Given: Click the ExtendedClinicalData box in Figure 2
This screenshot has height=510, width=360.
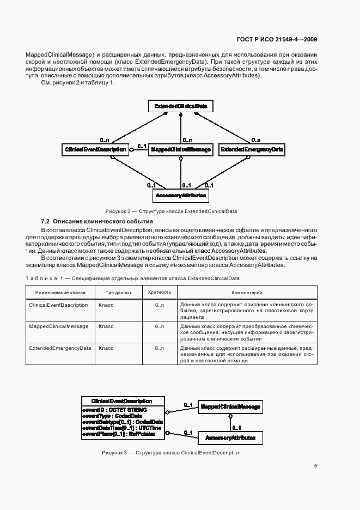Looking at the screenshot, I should pyautogui.click(x=180, y=105).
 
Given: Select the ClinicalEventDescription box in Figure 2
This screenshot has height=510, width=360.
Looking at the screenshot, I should pyautogui.click(x=96, y=149).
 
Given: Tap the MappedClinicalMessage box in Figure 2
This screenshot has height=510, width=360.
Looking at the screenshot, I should pyautogui.click(x=180, y=149).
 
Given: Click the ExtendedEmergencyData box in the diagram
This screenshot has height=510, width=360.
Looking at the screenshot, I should pyautogui.click(x=252, y=149).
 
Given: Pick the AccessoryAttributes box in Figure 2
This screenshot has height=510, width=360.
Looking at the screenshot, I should pyautogui.click(x=180, y=195).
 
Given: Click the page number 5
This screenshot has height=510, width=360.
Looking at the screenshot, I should pyautogui.click(x=315, y=466).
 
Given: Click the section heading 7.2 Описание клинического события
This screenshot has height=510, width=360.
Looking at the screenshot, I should pyautogui.click(x=97, y=222).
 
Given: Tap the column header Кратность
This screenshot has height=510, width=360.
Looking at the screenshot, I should pyautogui.click(x=160, y=293).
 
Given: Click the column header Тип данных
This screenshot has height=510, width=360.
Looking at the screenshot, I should pyautogui.click(x=115, y=293).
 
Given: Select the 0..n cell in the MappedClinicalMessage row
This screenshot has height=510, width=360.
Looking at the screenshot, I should pyautogui.click(x=160, y=326).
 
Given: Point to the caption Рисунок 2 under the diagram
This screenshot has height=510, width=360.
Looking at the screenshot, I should pyautogui.click(x=170, y=211).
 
